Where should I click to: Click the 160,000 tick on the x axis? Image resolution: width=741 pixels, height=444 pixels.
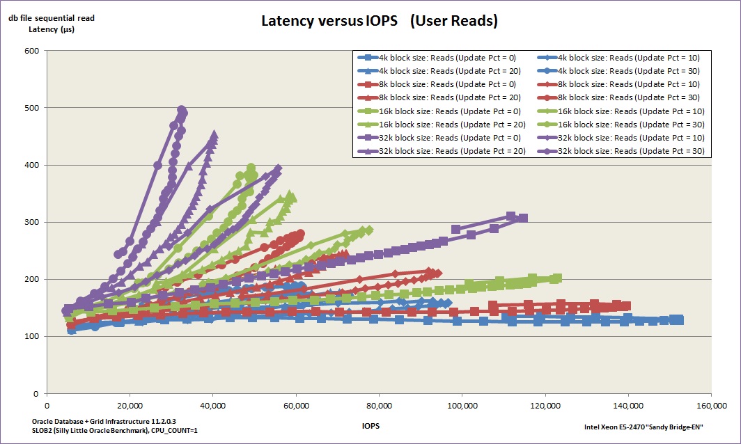pos(710,406)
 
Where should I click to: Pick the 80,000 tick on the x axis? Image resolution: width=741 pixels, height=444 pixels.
pos(378,406)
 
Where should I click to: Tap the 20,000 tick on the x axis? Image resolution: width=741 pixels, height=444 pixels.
pos(130,406)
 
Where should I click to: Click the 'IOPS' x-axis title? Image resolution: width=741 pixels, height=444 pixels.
pos(370,425)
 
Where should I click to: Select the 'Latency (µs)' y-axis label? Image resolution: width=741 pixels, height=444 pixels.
pos(52,29)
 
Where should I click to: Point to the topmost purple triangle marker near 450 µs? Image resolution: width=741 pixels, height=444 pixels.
pos(214,134)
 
